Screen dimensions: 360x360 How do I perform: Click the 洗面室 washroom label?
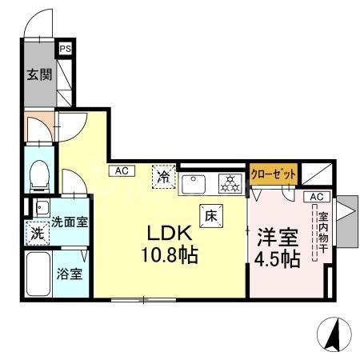coord(70,222)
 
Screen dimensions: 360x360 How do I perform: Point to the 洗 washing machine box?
coord(37,234)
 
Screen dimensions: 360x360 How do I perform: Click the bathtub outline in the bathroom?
coord(38,274)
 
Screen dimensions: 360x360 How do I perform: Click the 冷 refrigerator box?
coord(163,176)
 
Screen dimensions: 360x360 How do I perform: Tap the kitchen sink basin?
coord(193,183)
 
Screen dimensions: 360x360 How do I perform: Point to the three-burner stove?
coord(230,183)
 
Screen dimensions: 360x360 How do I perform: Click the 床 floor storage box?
coord(211,214)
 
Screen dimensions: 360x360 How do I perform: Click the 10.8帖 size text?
coord(170,257)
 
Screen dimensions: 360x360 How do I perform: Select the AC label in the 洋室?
coord(316,197)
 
